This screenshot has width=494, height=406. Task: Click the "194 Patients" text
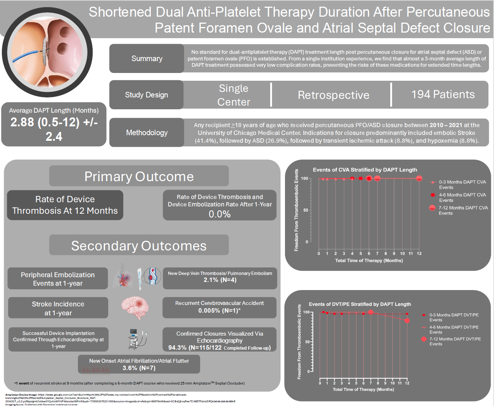pyautogui.click(x=443, y=94)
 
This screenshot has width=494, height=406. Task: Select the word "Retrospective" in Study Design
pyautogui.click(x=334, y=95)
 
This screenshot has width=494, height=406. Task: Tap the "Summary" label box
pyautogui.click(x=147, y=59)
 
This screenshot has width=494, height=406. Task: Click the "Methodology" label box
pyautogui.click(x=147, y=133)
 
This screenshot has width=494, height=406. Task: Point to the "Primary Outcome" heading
pyautogui.click(x=139, y=176)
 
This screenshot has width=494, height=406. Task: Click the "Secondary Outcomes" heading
pyautogui.click(x=139, y=246)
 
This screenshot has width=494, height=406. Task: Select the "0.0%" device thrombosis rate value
pyautogui.click(x=219, y=214)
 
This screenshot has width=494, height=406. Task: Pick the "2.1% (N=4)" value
pyautogui.click(x=220, y=280)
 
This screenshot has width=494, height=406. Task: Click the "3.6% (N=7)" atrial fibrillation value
pyautogui.click(x=139, y=368)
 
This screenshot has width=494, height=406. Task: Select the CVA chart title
pyautogui.click(x=365, y=170)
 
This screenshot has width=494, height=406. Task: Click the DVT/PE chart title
pyautogui.click(x=360, y=304)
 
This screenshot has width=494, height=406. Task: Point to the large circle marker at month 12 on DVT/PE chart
pyautogui.click(x=407, y=320)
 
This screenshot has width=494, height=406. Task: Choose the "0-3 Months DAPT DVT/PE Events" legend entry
pyautogui.click(x=454, y=317)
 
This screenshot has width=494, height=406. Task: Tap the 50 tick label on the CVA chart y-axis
pyautogui.click(x=305, y=210)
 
